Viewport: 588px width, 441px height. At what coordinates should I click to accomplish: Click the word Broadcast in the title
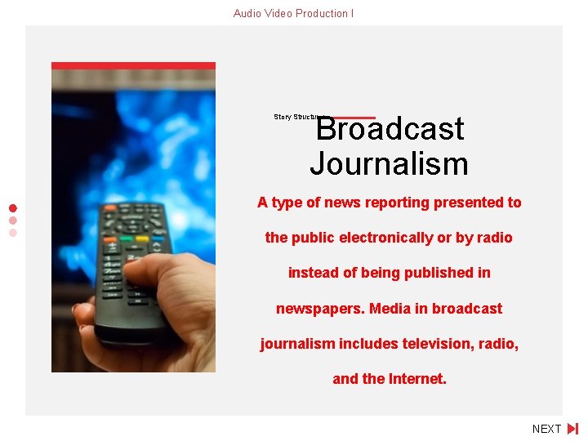390,129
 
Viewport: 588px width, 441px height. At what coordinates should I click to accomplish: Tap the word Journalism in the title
390,164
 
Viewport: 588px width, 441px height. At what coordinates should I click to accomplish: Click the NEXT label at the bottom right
546,429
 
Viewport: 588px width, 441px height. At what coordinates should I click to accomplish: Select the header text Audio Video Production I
293,13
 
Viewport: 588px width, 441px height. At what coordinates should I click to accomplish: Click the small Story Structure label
296,117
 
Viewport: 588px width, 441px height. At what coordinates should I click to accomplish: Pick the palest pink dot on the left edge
13,232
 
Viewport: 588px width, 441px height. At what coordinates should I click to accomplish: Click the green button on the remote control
127,239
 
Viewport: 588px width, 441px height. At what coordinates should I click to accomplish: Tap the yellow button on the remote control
142,239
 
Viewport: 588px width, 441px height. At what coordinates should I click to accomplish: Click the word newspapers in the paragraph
320,309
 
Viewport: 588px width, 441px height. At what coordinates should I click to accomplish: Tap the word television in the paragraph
436,344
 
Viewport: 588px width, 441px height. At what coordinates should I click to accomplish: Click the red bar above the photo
133,65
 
